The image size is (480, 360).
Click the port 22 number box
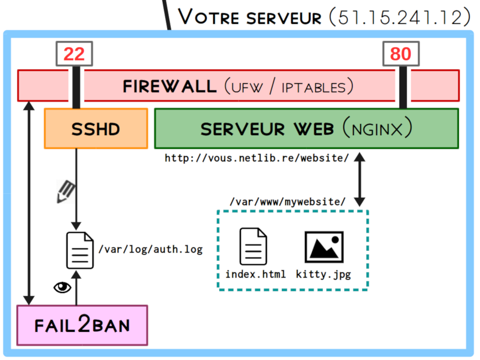[74, 54]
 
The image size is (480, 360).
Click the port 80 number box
[401, 54]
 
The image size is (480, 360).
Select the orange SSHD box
[96, 128]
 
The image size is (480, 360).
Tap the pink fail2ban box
[82, 325]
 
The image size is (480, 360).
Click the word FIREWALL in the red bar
[169, 86]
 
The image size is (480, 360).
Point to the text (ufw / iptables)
[288, 86]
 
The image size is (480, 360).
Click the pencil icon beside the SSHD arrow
[65, 192]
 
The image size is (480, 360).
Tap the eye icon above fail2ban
[62, 287]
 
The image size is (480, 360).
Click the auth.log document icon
[80, 250]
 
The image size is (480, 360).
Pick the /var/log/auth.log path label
[150, 250]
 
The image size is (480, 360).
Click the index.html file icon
[253, 246]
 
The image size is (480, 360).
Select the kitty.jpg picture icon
[324, 247]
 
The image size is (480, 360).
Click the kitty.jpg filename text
[323, 274]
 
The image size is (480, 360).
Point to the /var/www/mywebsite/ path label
[287, 202]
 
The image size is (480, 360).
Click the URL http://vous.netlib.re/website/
[256, 158]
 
